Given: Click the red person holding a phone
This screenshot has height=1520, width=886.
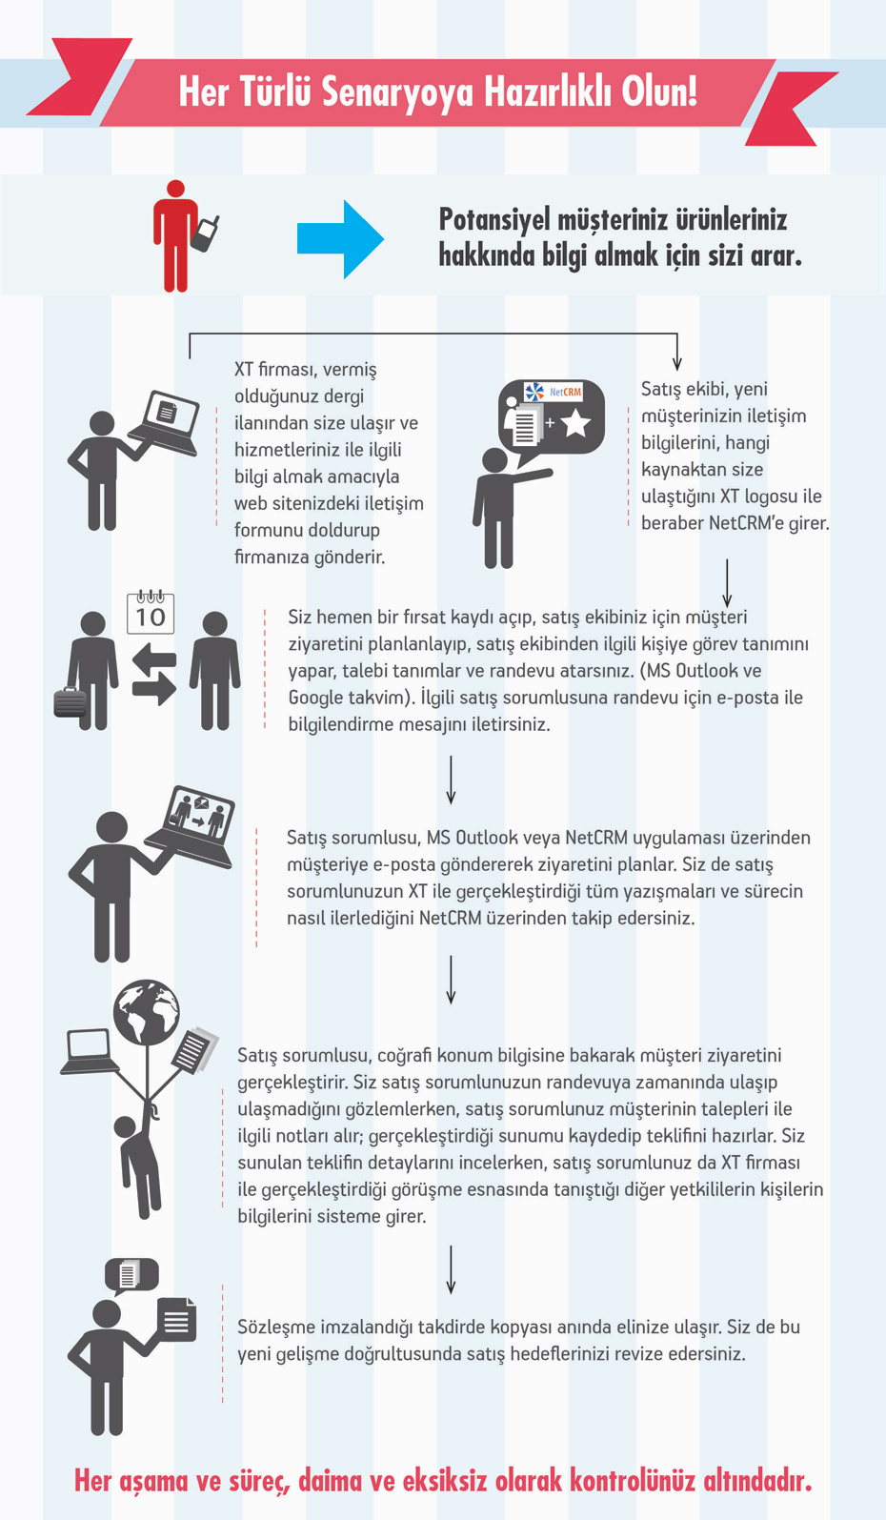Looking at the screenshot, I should (x=175, y=236).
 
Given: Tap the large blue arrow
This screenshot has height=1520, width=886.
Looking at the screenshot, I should (x=340, y=239).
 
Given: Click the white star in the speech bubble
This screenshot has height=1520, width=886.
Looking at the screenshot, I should (x=575, y=423).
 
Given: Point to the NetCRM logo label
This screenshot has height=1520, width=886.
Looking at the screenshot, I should (x=554, y=392).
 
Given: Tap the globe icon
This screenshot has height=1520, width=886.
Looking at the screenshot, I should (x=147, y=1012).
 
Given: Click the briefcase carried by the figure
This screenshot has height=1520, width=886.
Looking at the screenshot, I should (x=70, y=703).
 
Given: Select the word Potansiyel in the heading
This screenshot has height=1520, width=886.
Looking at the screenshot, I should (x=494, y=220).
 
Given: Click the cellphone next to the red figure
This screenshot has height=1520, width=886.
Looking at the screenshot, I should (x=206, y=233).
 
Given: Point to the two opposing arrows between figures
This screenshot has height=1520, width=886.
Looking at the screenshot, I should (x=154, y=673).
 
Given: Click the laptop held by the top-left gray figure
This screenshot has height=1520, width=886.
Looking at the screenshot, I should (x=168, y=420).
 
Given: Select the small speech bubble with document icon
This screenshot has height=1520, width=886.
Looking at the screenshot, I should (x=131, y=1274).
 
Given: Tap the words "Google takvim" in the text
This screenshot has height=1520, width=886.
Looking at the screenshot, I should (x=347, y=698).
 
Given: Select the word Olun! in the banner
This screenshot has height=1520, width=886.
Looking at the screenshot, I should (x=659, y=92).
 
